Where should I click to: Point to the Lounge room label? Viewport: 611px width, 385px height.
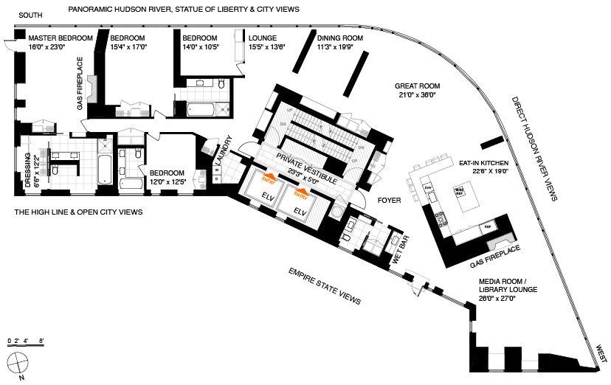tap(262, 38)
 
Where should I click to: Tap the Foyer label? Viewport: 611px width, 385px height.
tap(389, 199)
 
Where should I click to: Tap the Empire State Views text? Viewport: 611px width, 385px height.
tap(325, 287)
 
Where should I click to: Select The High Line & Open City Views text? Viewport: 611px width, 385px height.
tap(78, 212)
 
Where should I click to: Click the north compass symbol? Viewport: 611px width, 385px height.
tap(18, 363)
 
